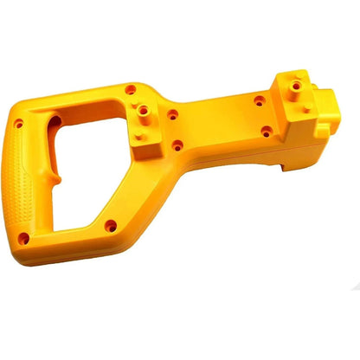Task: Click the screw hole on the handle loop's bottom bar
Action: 110,226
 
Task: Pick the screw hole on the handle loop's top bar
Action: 130,89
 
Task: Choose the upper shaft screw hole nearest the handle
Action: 173,113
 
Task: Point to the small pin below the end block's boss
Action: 307,107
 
